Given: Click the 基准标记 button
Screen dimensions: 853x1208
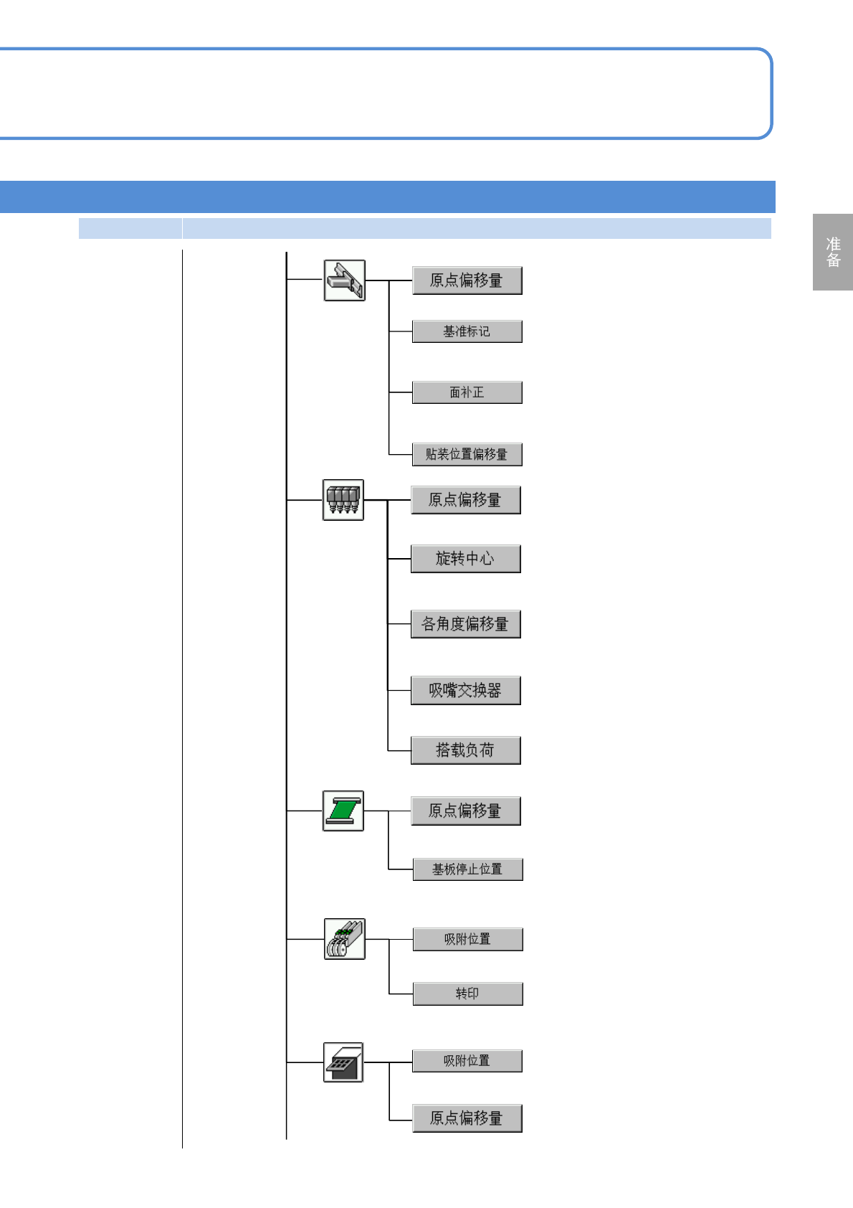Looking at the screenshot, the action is (x=467, y=331).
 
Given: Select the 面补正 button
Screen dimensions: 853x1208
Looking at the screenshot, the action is (x=467, y=392).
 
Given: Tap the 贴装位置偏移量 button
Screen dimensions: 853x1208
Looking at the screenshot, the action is (x=467, y=454).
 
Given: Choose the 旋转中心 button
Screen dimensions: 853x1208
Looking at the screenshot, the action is (x=465, y=559).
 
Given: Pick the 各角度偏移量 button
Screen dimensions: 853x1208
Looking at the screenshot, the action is (x=465, y=624).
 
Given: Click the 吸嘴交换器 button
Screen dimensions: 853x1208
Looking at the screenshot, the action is (x=465, y=690).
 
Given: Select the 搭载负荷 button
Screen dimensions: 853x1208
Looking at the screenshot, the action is (x=465, y=750).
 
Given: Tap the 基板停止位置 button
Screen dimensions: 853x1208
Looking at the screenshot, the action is (x=467, y=869).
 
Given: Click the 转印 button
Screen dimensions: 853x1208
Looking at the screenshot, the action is (x=467, y=994).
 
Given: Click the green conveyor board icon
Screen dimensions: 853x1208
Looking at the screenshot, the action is (x=343, y=811).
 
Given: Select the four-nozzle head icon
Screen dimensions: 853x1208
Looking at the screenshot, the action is (x=343, y=499).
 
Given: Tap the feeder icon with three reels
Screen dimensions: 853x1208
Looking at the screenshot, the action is (x=344, y=938).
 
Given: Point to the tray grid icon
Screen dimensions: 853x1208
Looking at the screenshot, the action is (x=343, y=1062).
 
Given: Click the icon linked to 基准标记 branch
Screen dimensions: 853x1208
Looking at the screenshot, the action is (x=344, y=280).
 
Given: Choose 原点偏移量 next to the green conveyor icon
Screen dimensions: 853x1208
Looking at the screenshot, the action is (x=465, y=811).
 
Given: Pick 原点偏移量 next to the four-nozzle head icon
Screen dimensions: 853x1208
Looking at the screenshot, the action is (x=465, y=499).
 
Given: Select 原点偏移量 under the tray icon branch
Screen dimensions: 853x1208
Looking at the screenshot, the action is (x=467, y=1118).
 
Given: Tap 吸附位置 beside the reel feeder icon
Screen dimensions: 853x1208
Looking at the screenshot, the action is (x=467, y=939).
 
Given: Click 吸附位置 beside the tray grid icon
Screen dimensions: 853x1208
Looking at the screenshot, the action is (x=467, y=1061).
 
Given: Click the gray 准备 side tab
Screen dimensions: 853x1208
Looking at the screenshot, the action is (x=833, y=252).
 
